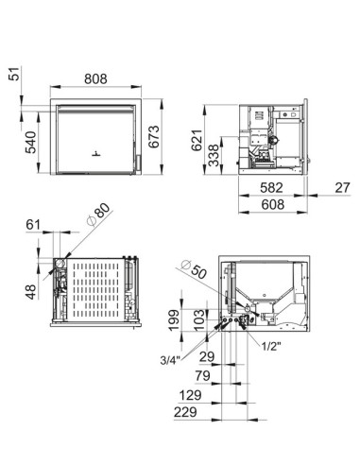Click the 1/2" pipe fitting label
(273, 346)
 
